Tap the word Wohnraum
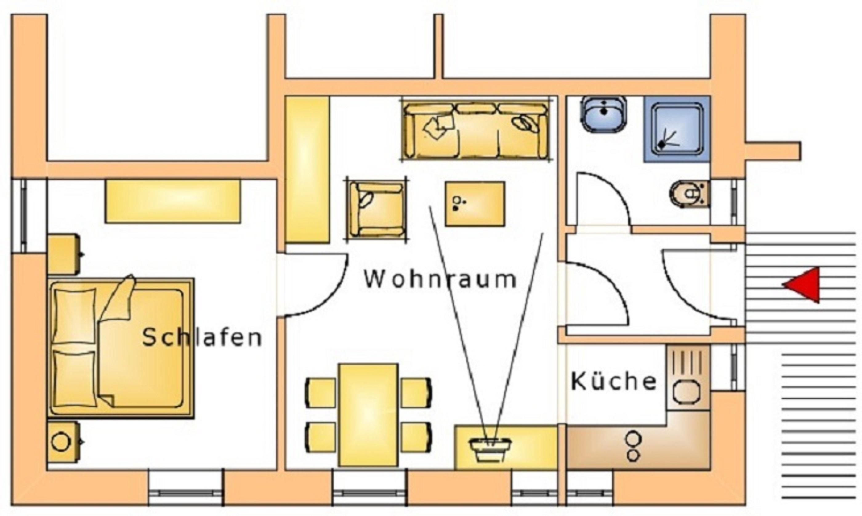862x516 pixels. [440, 279]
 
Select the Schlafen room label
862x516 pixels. [202, 337]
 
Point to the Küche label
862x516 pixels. [614, 381]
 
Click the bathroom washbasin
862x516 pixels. [604, 114]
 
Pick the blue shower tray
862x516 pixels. [676, 129]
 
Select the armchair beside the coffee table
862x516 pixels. [376, 209]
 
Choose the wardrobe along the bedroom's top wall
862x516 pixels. [173, 201]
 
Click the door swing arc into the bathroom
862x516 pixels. [603, 199]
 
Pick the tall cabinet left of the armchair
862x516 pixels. [307, 170]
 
